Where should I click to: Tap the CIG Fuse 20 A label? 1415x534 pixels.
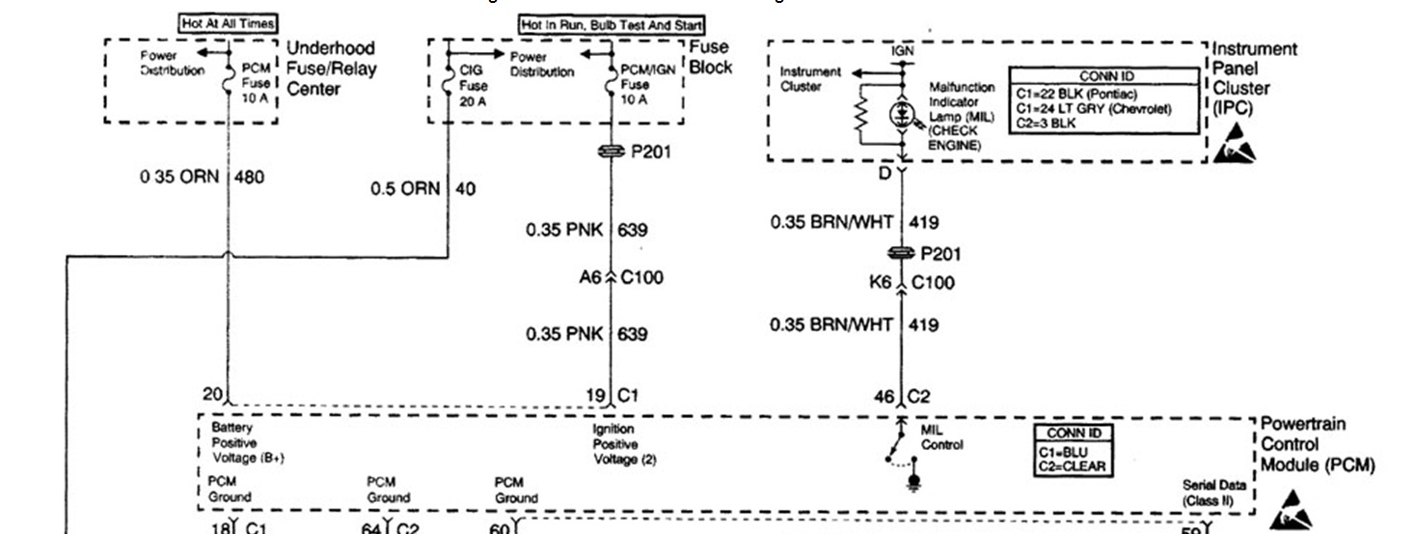(x=474, y=85)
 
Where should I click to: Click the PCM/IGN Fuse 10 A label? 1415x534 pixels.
(x=635, y=85)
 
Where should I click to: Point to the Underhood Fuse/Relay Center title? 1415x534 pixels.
(x=331, y=68)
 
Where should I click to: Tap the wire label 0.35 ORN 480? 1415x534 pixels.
(x=202, y=178)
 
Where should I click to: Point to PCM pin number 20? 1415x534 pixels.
(x=212, y=393)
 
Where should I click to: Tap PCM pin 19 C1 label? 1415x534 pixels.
(x=612, y=395)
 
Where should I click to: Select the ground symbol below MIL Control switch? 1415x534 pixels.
(x=915, y=480)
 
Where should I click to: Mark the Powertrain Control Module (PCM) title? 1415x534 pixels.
(x=1316, y=445)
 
